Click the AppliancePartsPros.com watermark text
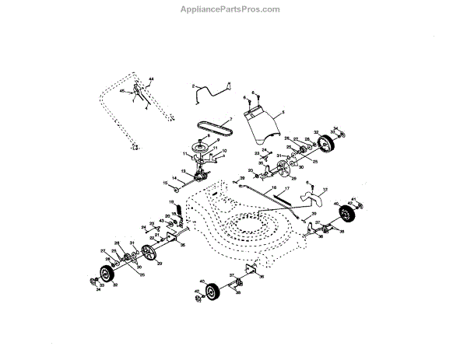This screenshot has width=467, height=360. [x=234, y=9]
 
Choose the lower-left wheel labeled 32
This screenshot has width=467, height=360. [x=103, y=273]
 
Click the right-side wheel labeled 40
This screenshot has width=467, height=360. [x=348, y=213]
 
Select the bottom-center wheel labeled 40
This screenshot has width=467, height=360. [x=209, y=292]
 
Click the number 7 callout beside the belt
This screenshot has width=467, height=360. [x=230, y=119]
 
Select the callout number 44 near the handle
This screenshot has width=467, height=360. [x=152, y=79]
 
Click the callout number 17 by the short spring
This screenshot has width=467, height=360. [x=286, y=189]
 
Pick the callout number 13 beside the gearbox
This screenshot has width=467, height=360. [x=184, y=170]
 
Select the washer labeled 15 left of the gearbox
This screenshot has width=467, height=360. [x=177, y=188]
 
